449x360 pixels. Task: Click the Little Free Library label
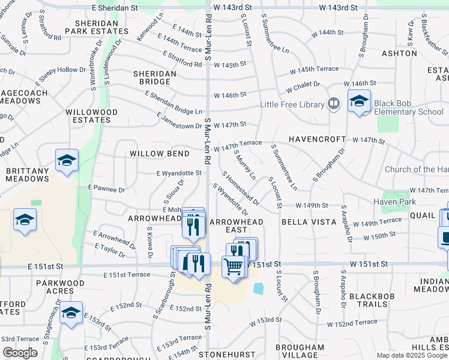coord(292,104)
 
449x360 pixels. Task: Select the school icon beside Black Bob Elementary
coord(359,102)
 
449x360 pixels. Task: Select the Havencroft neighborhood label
coord(315,139)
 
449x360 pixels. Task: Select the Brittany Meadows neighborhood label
coord(28,175)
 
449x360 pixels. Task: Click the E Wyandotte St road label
coord(178,173)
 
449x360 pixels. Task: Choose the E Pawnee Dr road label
coord(106,190)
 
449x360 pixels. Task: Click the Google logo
coord(20,353)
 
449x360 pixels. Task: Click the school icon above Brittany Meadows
coord(67,160)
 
